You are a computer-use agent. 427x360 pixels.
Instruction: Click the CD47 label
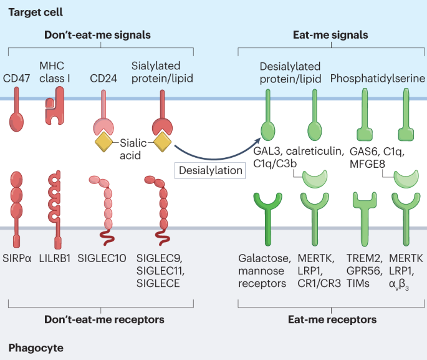coord(16,78)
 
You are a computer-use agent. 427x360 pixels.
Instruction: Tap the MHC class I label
coord(55,72)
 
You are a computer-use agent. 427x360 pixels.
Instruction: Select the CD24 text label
coord(103,78)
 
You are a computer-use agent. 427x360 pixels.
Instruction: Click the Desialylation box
coord(210,170)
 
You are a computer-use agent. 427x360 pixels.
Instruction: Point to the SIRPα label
coord(17,258)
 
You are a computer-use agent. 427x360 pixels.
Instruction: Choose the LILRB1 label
coord(55,258)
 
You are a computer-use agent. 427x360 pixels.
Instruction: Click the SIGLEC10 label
coord(102,258)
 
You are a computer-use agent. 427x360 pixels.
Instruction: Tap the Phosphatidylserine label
coord(378,79)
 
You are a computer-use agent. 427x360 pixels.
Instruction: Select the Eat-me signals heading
coord(330,35)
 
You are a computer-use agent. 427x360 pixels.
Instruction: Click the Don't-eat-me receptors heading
coord(104,319)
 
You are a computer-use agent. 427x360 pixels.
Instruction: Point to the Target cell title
coord(36,12)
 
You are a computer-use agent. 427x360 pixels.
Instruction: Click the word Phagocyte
coord(36,348)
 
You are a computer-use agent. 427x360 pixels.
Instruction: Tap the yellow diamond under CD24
coord(103,142)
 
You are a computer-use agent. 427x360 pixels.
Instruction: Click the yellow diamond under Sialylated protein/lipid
coord(162,142)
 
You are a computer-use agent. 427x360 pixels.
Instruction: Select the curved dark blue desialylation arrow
coord(215,158)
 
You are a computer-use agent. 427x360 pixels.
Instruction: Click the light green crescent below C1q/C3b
coord(315,180)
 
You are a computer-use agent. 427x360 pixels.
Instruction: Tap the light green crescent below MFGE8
coord(406,180)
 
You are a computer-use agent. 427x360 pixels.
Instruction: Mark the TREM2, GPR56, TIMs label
coord(365,271)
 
